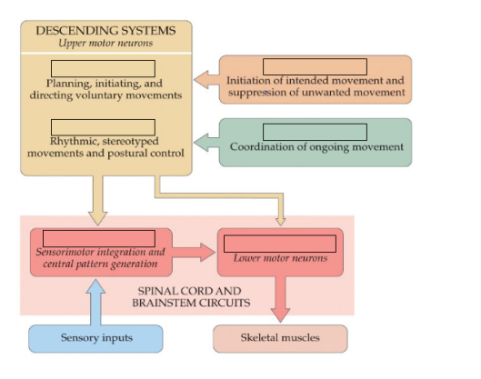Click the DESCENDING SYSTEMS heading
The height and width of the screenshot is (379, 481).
point(105,31)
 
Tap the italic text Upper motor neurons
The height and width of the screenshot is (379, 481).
point(105,43)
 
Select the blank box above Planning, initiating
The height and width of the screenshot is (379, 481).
point(103,69)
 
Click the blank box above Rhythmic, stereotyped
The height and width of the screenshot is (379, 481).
point(103,127)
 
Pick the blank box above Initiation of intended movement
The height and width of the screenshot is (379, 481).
point(315,66)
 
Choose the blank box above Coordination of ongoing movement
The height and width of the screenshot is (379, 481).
point(315,132)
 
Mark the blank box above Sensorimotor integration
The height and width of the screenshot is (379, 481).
point(99,238)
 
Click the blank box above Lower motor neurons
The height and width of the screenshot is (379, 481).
point(280,244)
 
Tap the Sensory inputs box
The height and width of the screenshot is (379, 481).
point(95,338)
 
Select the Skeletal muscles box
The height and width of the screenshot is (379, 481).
point(280,338)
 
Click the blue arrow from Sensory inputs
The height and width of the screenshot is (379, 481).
point(95,302)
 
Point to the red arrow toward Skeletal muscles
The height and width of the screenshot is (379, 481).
point(280,299)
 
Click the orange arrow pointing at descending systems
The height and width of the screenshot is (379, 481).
point(206,80)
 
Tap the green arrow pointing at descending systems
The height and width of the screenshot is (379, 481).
point(206,143)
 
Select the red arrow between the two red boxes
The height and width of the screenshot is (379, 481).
point(194,252)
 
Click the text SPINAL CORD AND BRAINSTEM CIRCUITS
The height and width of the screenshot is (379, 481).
point(191,297)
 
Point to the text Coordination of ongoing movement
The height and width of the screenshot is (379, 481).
point(316,147)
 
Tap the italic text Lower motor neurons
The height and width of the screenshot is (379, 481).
point(280,258)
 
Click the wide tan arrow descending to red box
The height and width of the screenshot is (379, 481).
point(98,201)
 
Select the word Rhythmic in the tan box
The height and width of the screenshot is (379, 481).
point(74,142)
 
